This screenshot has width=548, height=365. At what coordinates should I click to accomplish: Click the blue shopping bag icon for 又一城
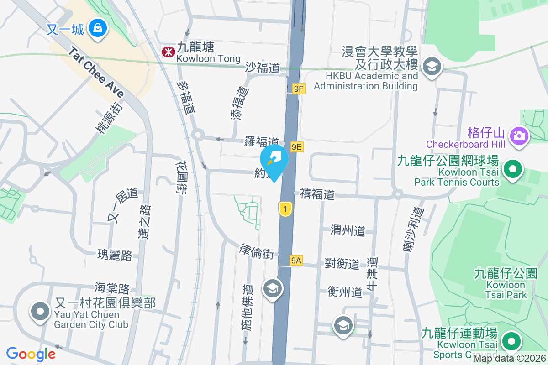(98, 29)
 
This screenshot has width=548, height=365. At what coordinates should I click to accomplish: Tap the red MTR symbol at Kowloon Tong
(168, 52)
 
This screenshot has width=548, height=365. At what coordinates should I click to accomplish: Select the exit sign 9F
(298, 89)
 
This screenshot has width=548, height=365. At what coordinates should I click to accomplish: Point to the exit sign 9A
(296, 261)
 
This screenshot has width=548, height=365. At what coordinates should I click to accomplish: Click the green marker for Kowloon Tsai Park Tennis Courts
(512, 170)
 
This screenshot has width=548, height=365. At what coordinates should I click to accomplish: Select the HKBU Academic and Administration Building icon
(431, 67)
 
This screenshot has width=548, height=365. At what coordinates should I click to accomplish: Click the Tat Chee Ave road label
(96, 72)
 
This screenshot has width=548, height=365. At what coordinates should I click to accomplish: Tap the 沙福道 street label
(262, 68)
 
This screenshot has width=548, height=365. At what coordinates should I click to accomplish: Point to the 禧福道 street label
(317, 194)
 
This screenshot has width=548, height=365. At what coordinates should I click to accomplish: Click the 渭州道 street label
(348, 230)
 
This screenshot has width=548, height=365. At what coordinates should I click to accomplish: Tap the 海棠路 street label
(112, 288)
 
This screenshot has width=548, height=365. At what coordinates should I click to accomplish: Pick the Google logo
(31, 354)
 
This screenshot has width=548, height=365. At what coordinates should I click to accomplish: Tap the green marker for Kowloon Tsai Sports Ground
(511, 341)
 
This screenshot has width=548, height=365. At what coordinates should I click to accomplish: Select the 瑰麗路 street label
(115, 255)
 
